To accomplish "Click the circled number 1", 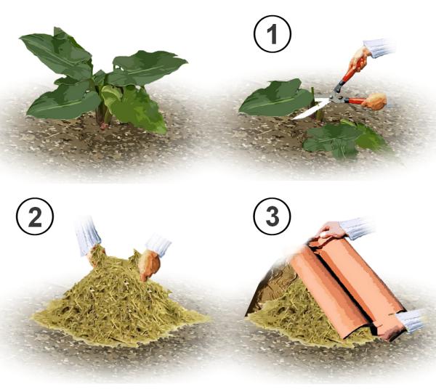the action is point(272,34).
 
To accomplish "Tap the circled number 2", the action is point(35,216).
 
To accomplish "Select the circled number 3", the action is point(272,216).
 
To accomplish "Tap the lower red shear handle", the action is point(355,101).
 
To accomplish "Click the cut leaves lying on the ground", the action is point(344,139).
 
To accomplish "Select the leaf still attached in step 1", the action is point(275,98).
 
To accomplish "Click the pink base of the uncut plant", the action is point(103,126).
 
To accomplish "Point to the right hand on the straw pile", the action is point(149,264).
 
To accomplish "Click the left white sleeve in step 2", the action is point(86,235).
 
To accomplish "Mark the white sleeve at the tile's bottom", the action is point(409,321).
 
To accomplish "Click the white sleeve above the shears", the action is point(379,48).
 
